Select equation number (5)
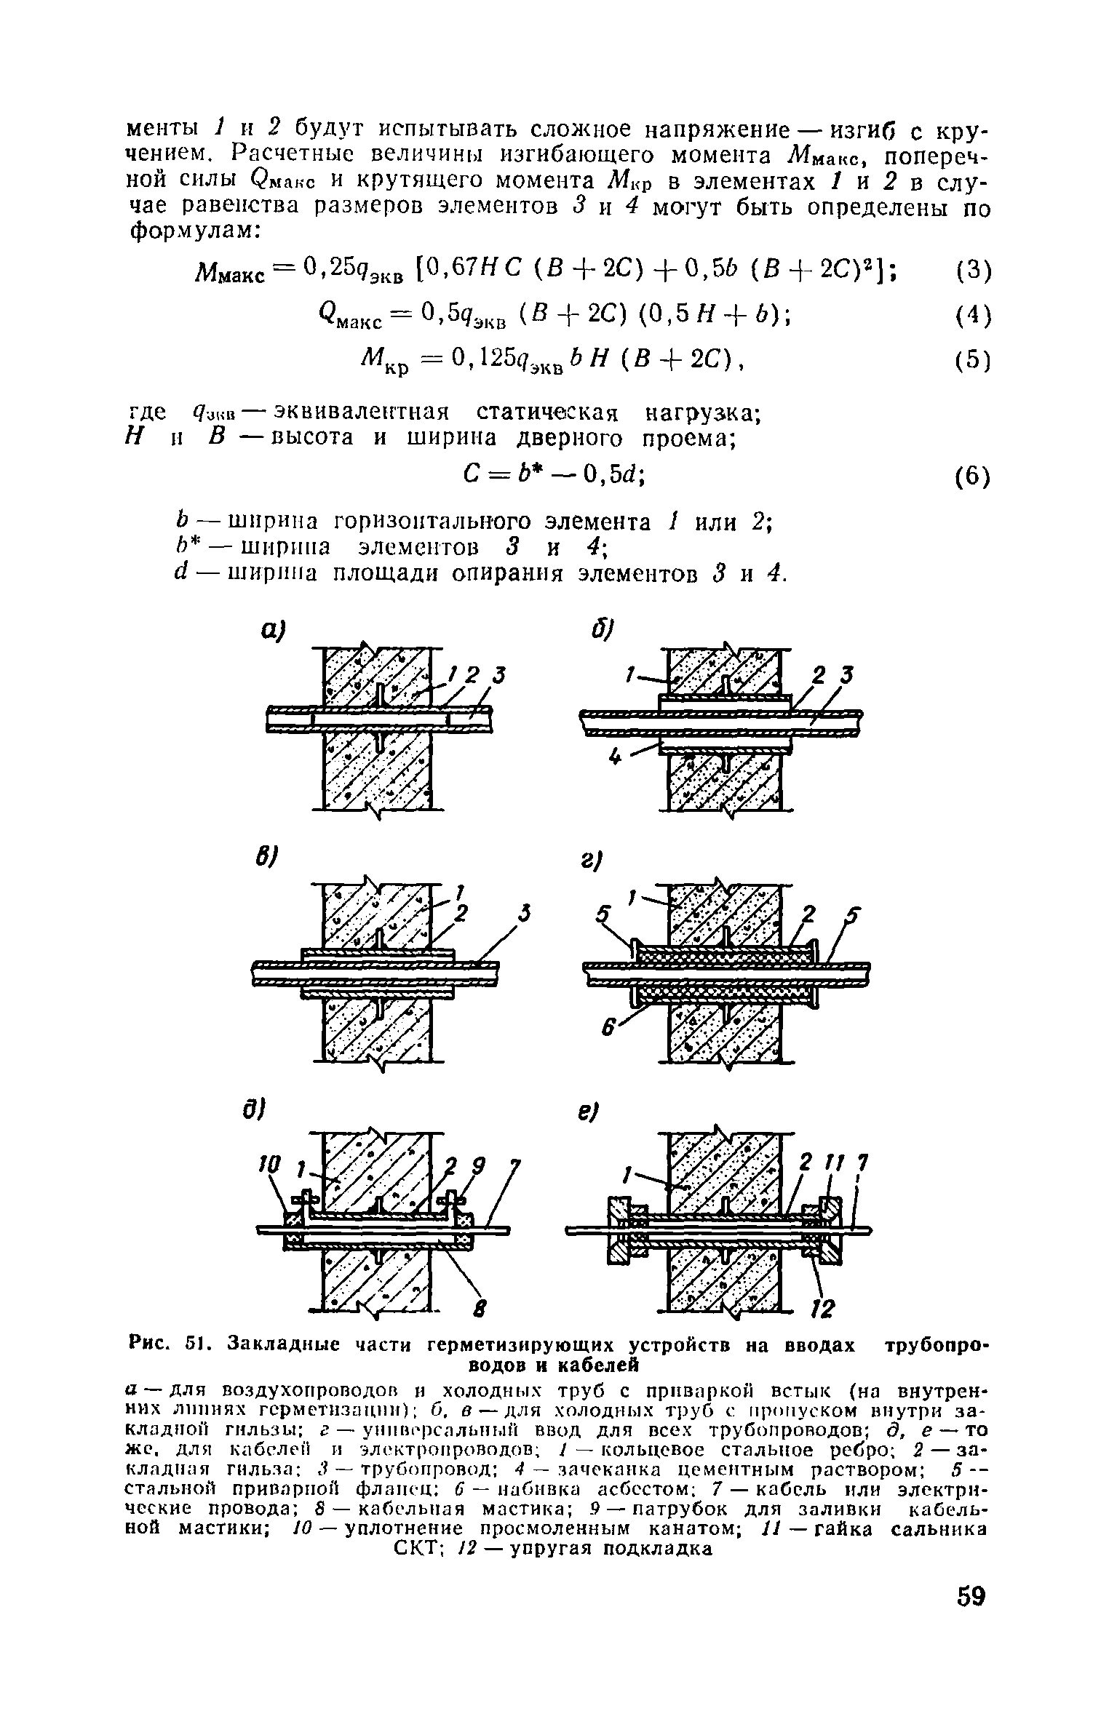click(972, 361)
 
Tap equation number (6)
click(972, 477)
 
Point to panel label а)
click(271, 630)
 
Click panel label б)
click(605, 630)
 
